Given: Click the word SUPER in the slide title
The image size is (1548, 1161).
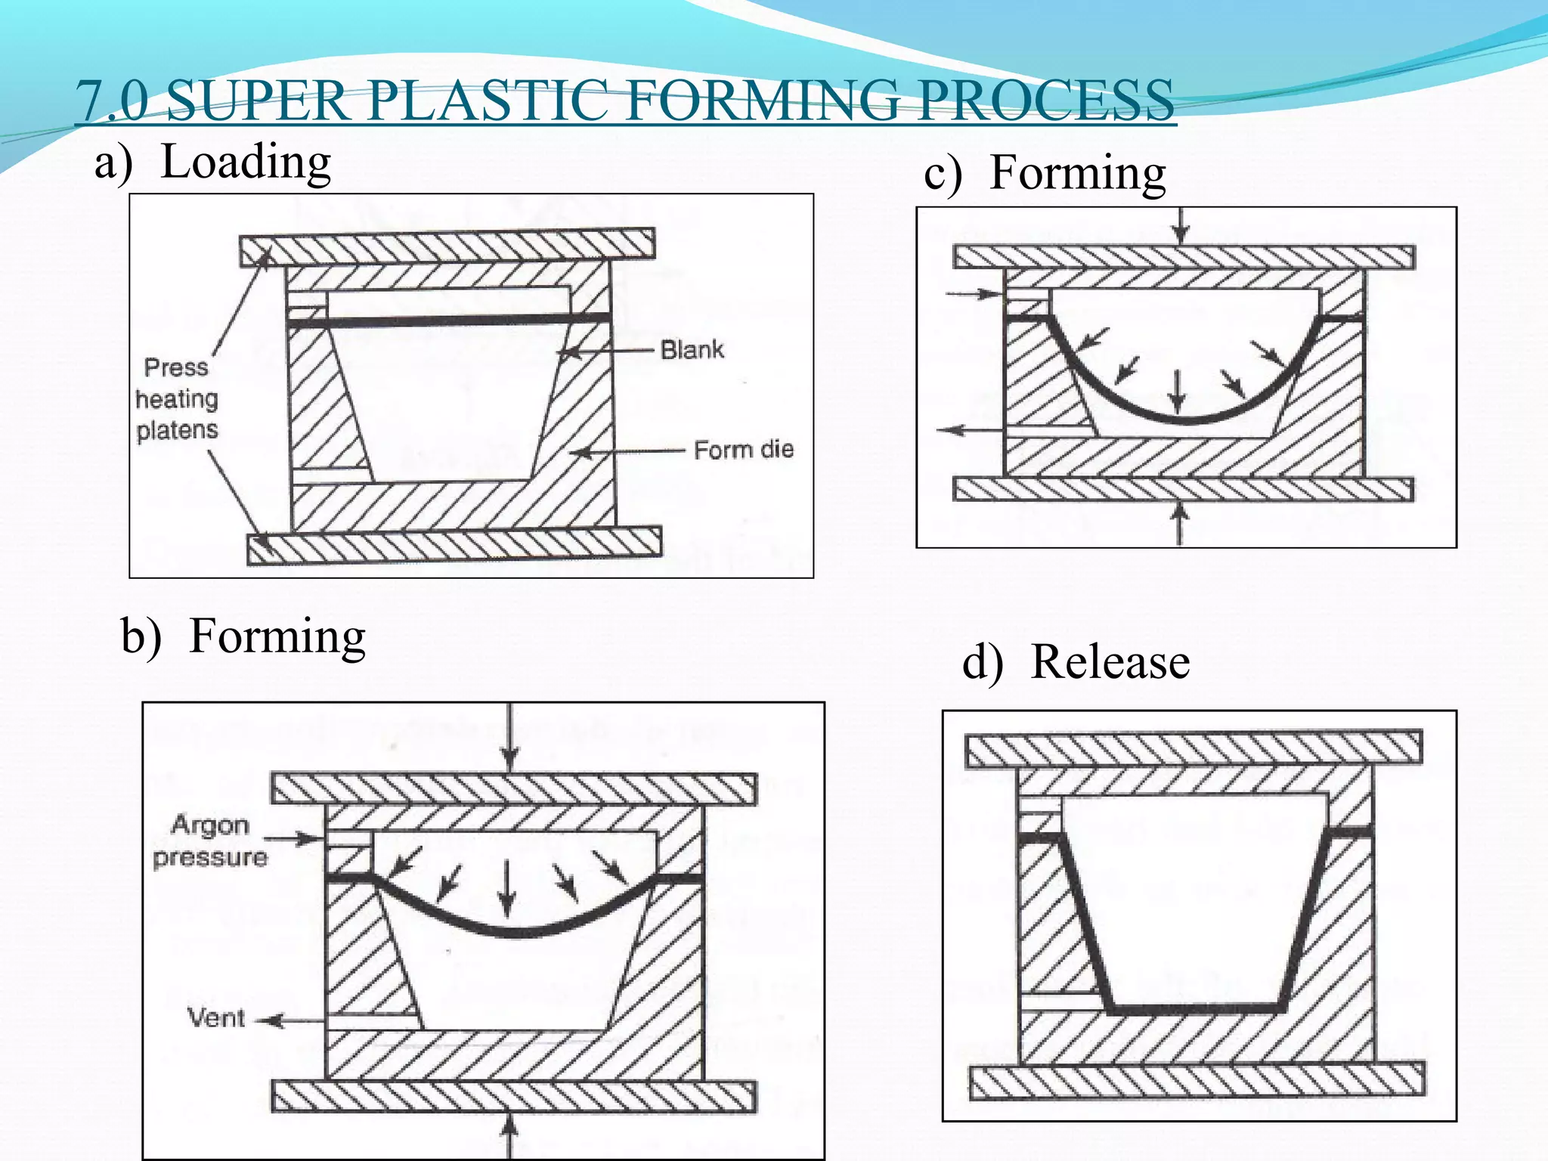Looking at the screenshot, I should tap(256, 101).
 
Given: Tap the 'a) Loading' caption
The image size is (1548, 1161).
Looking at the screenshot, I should tap(212, 163).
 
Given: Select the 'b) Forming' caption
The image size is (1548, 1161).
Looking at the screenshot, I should tap(243, 636).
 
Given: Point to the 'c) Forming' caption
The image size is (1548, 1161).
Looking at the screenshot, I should tap(1045, 173).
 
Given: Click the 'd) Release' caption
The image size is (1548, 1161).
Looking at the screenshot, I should tap(1076, 663).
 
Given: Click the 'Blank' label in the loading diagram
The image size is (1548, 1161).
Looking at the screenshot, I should tap(692, 350).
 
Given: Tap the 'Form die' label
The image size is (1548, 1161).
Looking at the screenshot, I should tap(744, 450).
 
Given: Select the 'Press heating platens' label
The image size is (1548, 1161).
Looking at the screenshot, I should tap(177, 398).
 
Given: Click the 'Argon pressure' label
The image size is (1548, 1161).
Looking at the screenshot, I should tap(210, 841).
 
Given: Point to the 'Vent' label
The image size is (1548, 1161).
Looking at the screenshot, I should tap(216, 1018).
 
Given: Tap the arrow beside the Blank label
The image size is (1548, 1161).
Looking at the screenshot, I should tap(605, 351).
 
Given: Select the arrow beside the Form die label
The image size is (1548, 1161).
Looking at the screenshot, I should tap(627, 452).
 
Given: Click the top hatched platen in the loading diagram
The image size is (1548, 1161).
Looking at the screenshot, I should tap(447, 246).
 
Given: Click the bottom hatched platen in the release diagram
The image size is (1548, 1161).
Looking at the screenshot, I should tap(1196, 1080).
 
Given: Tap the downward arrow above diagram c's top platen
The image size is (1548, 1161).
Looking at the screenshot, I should tap(1181, 224).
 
